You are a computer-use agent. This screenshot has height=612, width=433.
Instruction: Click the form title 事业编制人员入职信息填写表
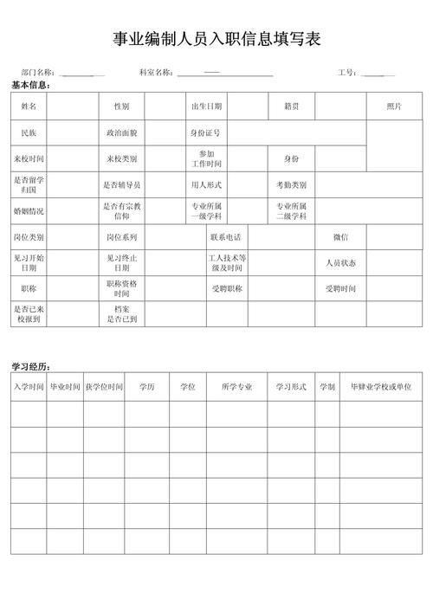(216, 39)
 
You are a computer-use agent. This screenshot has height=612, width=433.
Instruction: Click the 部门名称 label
(38, 73)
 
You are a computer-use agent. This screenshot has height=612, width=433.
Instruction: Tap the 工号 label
(348, 73)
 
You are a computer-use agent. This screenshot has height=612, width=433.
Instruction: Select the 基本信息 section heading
(31, 85)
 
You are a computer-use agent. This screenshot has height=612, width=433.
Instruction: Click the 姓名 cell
(29, 106)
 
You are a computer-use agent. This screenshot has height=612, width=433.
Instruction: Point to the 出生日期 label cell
(207, 106)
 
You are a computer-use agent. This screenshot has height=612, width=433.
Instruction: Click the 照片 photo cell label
(394, 106)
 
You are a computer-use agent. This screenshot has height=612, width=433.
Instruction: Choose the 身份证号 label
(205, 133)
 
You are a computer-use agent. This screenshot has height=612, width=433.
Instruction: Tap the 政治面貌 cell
(121, 133)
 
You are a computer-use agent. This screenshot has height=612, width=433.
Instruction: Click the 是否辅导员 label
(121, 185)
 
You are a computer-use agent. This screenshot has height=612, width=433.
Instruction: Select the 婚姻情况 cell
(29, 211)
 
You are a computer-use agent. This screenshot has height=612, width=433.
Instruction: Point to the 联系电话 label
(226, 237)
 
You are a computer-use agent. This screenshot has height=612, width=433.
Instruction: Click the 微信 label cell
(340, 237)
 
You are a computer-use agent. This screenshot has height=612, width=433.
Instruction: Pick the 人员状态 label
(340, 262)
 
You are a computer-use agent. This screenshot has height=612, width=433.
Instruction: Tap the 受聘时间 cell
(340, 288)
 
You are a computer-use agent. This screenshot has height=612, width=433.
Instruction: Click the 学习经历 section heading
(31, 367)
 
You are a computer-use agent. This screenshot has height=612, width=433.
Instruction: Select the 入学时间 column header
(29, 387)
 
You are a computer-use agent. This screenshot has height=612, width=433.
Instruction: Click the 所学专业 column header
(236, 387)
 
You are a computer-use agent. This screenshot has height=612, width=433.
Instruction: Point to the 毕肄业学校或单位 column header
(380, 387)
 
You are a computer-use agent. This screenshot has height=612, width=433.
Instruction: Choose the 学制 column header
(326, 387)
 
